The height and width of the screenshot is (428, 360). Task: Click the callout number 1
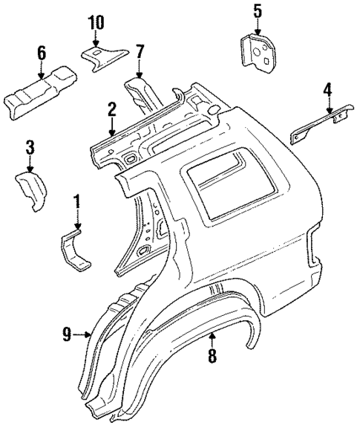coord(76,201)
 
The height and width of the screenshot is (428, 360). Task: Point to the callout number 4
coord(327,91)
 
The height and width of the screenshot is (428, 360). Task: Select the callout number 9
coord(68,335)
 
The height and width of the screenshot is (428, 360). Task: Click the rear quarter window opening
coord(221,190)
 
